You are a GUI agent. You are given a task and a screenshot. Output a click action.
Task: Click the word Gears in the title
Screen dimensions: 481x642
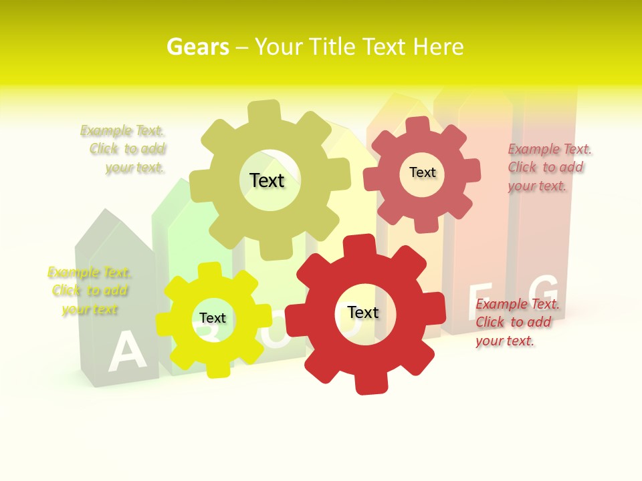tap(197, 47)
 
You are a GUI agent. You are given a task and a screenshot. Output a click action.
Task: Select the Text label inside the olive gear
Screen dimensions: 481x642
tap(267, 180)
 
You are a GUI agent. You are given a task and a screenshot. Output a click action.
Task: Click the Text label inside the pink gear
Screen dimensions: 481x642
tap(422, 172)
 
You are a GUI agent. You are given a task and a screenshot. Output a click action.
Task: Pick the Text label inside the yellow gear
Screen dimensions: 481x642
tap(213, 318)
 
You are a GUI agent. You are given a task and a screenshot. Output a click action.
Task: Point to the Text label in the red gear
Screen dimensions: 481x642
tap(363, 312)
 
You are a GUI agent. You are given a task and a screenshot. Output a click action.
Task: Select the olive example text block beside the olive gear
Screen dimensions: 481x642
tap(124, 149)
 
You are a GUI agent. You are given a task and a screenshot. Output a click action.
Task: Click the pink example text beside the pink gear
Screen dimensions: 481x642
tap(548, 167)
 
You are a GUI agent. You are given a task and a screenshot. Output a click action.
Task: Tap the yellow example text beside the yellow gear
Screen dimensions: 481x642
tap(89, 291)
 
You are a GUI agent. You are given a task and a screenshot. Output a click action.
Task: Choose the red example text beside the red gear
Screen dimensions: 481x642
tap(516, 322)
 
